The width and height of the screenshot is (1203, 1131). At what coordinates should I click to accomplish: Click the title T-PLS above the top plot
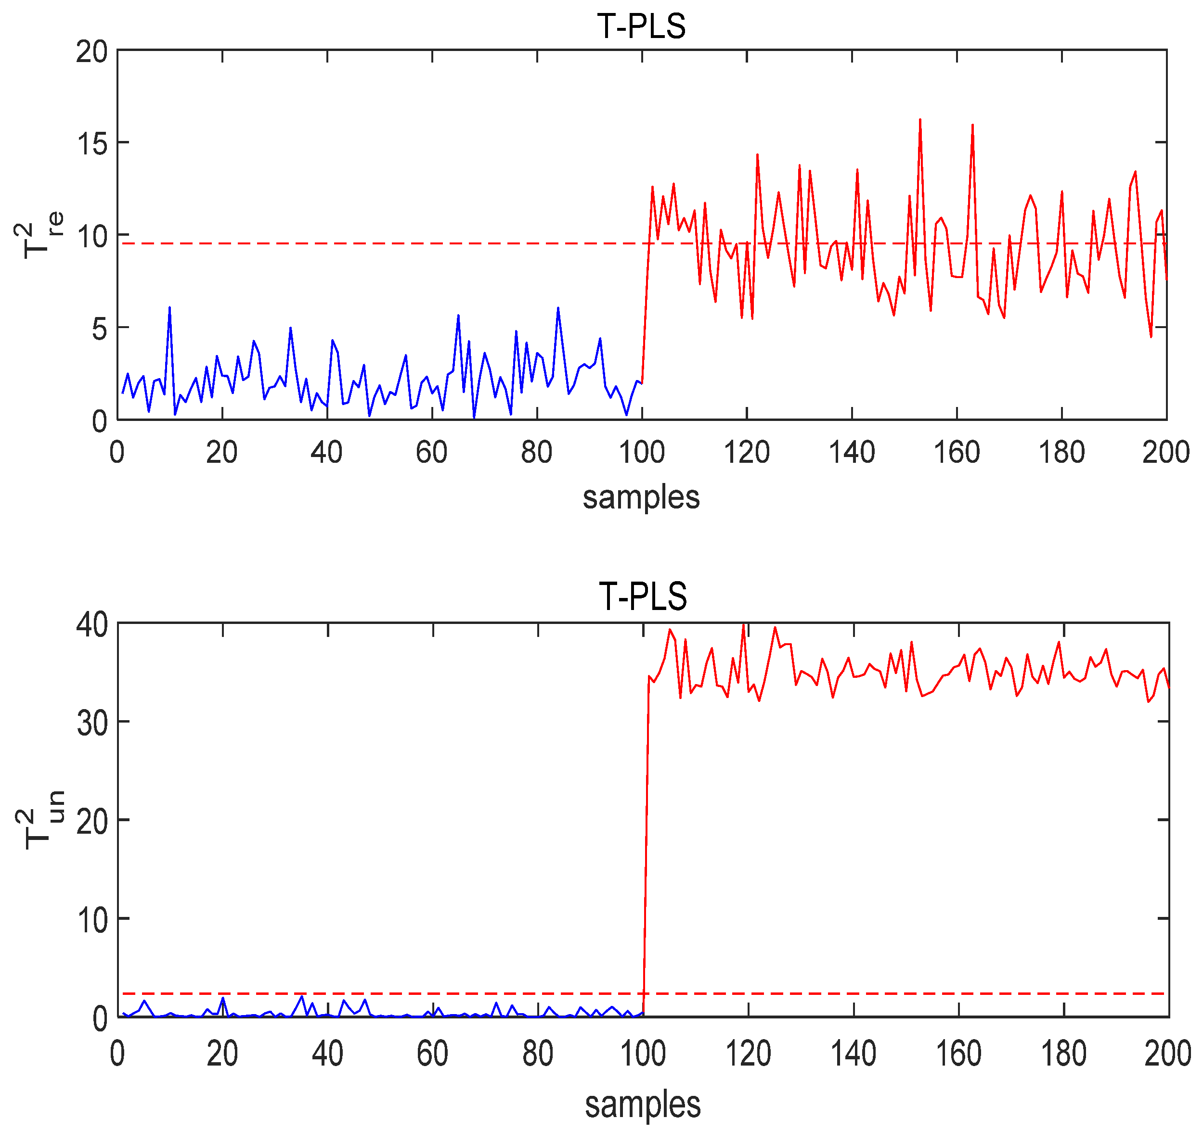(641, 26)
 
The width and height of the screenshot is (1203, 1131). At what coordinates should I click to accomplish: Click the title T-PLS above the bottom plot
(643, 597)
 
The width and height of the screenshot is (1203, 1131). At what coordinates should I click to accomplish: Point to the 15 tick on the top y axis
(91, 143)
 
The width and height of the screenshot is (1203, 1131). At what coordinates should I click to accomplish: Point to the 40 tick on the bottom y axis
(92, 624)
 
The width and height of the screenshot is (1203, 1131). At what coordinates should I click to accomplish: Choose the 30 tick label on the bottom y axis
(92, 723)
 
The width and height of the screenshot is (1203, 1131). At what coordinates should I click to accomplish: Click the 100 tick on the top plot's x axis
(641, 452)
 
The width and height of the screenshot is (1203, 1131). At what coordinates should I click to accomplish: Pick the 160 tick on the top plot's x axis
(957, 452)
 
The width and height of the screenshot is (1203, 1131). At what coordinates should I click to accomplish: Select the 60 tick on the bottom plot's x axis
(433, 1054)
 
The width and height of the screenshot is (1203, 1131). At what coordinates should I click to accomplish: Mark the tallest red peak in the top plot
(920, 120)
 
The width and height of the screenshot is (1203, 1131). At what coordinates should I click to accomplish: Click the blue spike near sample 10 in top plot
(169, 307)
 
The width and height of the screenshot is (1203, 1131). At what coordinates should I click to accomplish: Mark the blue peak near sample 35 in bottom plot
(301, 995)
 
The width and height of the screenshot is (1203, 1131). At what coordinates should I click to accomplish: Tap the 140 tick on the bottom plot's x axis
(853, 1054)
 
